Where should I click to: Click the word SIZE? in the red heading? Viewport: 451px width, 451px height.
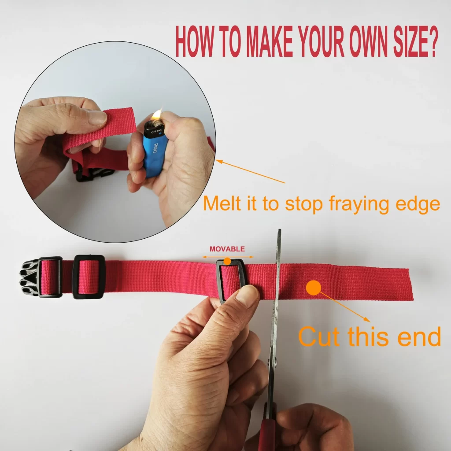[x=415, y=41]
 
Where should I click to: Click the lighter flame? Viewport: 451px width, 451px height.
[x=157, y=115]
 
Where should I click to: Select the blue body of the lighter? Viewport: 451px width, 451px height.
[x=155, y=155]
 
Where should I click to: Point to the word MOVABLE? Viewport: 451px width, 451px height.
[x=227, y=249]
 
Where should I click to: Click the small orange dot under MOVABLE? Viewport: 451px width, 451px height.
[x=227, y=261]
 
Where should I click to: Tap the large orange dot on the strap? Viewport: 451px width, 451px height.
[x=314, y=288]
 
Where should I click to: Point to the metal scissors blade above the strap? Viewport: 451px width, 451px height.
[x=278, y=246]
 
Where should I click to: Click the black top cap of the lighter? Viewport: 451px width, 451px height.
[x=155, y=129]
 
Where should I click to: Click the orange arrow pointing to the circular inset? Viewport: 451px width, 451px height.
[x=251, y=171]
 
